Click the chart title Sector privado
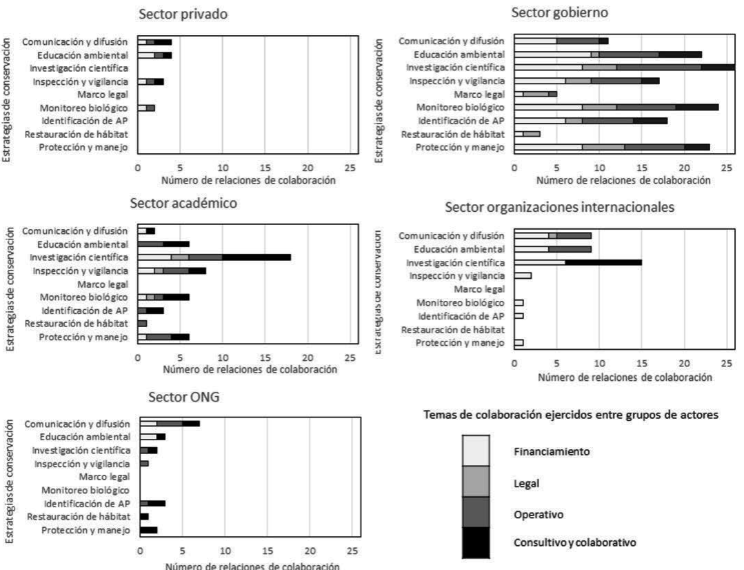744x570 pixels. [184, 14]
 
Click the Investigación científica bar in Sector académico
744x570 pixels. [214, 257]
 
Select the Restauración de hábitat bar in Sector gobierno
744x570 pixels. [527, 134]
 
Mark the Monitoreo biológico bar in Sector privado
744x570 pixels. [145, 108]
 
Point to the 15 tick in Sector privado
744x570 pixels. [265, 168]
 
